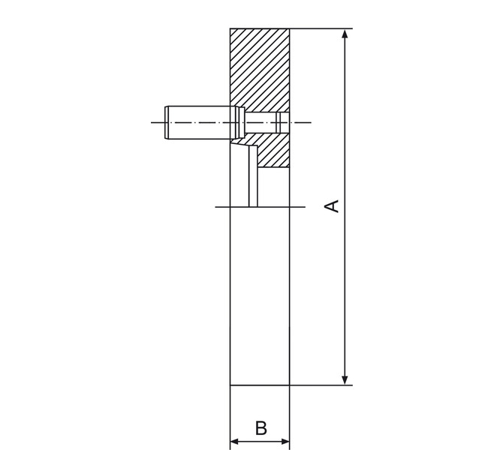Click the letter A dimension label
point(332,206)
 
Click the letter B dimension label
point(261,428)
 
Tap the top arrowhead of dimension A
point(345,34)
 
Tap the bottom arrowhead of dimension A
point(345,380)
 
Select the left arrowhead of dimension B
point(235,441)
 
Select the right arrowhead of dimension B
point(285,441)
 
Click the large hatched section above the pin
point(260,69)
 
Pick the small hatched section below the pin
point(270,150)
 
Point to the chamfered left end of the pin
point(167,122)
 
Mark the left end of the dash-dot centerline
point(152,122)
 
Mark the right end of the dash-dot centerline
point(311,122)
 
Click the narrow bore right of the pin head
point(267,122)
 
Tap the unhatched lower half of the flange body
point(260,295)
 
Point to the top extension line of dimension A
point(321,28)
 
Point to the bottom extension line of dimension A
point(321,385)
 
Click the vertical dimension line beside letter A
point(345,207)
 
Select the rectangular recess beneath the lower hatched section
point(273,187)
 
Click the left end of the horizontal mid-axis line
point(215,207)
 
